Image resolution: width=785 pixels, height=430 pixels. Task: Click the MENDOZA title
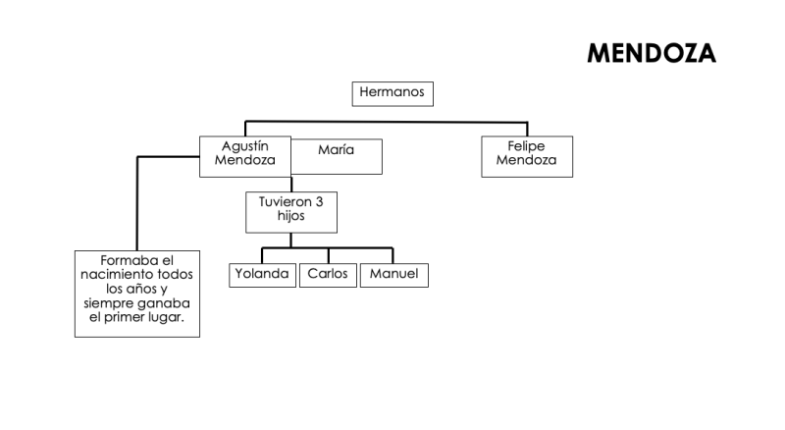point(651,54)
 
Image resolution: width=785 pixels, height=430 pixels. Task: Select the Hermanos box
point(392,93)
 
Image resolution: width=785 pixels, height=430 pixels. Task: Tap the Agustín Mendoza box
point(244,156)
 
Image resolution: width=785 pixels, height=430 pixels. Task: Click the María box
point(337,155)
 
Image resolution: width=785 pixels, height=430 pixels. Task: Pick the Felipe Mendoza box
point(526,156)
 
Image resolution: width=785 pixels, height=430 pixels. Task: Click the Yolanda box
point(262,275)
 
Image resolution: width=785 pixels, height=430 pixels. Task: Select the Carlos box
point(328,275)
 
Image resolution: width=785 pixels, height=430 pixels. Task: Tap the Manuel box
point(392,275)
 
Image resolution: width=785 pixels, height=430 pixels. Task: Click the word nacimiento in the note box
point(118,276)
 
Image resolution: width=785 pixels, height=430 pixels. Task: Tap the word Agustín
point(244,145)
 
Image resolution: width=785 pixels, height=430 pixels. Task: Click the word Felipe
point(526,146)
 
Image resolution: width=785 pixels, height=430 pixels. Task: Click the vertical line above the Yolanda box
point(262,255)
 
